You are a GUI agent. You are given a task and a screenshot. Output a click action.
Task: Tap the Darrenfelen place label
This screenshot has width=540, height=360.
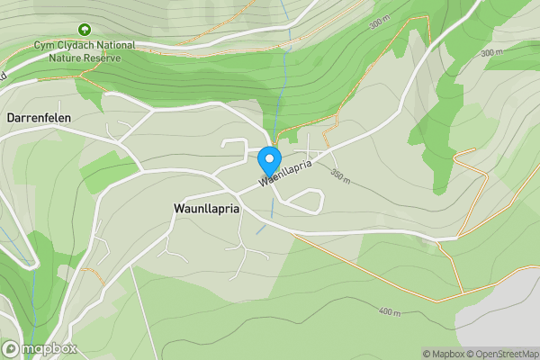(x=39, y=118)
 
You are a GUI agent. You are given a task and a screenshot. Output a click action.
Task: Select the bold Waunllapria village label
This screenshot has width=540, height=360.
(x=206, y=207)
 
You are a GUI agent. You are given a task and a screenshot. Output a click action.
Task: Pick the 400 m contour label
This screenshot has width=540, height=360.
(x=389, y=312)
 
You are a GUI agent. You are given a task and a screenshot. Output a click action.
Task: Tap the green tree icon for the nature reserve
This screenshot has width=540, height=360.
(x=85, y=30)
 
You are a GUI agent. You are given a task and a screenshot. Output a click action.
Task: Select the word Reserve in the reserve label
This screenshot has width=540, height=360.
(x=102, y=56)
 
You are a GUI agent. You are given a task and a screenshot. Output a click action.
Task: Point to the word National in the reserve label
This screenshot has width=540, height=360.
(x=115, y=45)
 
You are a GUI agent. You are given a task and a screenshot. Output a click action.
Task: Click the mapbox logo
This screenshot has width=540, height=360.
(x=40, y=348)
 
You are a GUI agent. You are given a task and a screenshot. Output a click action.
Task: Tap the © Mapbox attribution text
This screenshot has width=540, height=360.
(x=444, y=354)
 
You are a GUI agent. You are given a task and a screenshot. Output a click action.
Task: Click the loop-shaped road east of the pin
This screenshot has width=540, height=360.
(x=306, y=200)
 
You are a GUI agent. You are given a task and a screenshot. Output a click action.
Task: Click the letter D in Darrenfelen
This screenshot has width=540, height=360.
(x=11, y=118)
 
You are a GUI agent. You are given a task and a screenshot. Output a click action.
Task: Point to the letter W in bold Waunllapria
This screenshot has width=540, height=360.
(x=178, y=207)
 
